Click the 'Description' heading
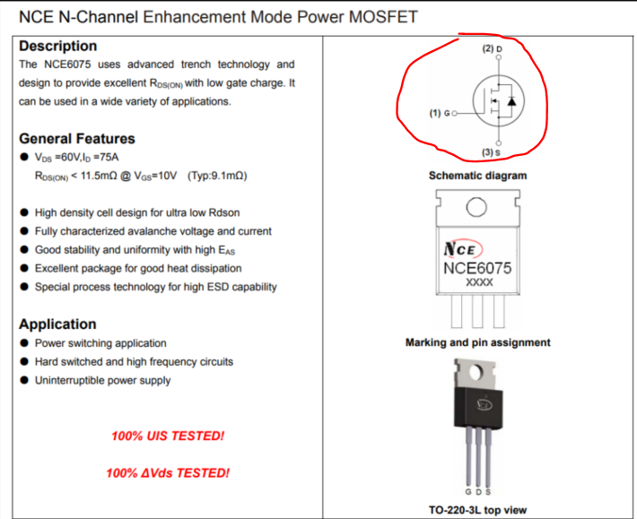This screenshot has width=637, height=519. tap(57, 46)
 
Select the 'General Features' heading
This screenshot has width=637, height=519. tap(77, 138)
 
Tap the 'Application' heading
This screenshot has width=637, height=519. tap(57, 324)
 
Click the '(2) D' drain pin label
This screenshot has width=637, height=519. tap(493, 48)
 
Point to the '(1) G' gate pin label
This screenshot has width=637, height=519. tap(441, 114)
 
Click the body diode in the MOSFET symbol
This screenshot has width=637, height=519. tap(511, 101)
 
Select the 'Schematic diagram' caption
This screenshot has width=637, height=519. tap(477, 176)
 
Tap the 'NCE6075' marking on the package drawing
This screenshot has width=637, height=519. tap(477, 267)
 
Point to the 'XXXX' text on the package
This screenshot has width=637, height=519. tap(477, 282)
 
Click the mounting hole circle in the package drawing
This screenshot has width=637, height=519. tap(477, 208)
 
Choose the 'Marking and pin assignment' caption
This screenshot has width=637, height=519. tap(477, 342)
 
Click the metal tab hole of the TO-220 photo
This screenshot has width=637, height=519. tap(477, 372)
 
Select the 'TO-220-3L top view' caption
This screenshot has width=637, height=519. tap(476, 510)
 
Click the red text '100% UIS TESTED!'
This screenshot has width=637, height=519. tap(168, 436)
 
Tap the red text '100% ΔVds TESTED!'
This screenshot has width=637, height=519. tap(167, 472)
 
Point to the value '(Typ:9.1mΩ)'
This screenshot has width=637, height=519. tap(217, 176)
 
